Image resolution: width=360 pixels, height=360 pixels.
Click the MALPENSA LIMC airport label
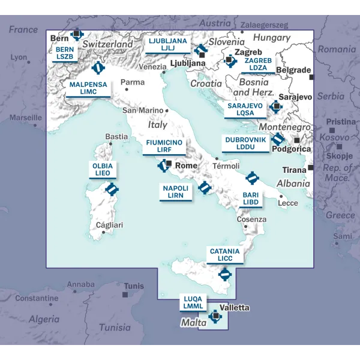tap(88, 88)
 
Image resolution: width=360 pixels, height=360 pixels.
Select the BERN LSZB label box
tap(64, 53)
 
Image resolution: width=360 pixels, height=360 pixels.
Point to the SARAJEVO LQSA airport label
tap(245, 109)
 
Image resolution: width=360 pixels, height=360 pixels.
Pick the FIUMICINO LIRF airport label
tap(164, 146)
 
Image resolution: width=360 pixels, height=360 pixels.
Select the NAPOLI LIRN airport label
tap(176, 192)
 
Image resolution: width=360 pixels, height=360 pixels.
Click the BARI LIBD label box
tap(250, 199)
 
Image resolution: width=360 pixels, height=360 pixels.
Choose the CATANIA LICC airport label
tap(225, 255)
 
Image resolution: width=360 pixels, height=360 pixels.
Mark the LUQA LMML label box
tap(194, 302)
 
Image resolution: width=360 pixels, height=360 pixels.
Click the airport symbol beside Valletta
tap(215, 316)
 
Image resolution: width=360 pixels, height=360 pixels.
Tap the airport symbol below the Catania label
tap(225, 275)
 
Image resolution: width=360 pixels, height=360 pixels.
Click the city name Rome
tap(185, 166)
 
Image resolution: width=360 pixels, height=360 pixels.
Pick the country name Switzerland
tap(108, 44)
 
